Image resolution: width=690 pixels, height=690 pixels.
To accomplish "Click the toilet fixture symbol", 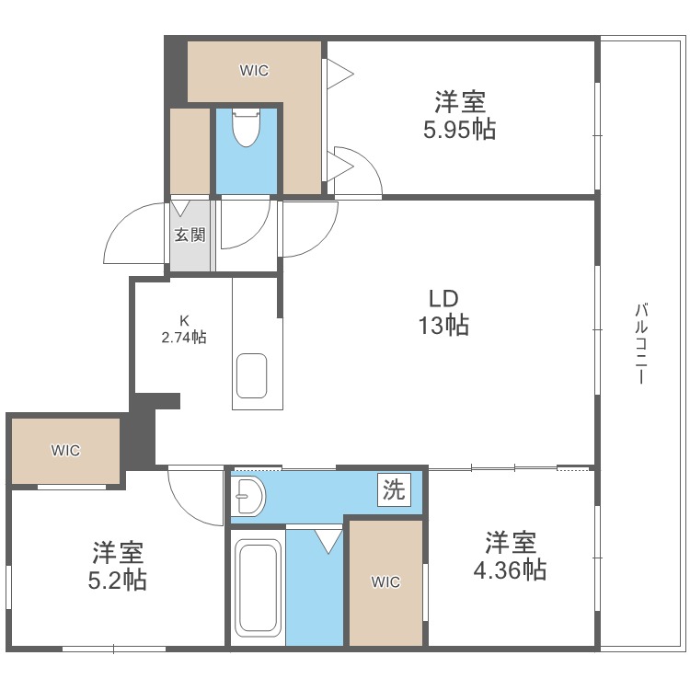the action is [x=246, y=128].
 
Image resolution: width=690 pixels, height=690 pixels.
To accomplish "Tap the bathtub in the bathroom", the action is [x=258, y=588].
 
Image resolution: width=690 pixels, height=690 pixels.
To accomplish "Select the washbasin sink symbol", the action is [x=248, y=497].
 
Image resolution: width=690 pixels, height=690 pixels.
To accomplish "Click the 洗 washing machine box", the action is [x=394, y=489].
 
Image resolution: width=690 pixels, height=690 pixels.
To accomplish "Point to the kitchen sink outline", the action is [x=252, y=375].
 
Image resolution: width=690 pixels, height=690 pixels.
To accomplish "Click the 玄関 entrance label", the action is [x=190, y=235].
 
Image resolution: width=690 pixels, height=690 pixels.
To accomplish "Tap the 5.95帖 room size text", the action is [x=459, y=130].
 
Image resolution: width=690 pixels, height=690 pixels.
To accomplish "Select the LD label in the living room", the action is [x=443, y=299].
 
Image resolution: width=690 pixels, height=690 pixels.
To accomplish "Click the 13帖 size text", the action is [x=443, y=326].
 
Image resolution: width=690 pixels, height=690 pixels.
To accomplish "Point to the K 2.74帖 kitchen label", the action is [x=184, y=329].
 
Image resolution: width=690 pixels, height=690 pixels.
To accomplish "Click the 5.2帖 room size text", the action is [x=118, y=580].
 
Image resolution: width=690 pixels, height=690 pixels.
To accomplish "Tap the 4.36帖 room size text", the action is [x=510, y=570].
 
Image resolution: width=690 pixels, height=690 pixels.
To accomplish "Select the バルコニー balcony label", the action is [x=641, y=343].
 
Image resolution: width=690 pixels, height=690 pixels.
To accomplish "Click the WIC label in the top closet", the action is [x=254, y=71].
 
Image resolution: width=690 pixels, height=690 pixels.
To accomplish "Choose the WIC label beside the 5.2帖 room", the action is [x=65, y=450].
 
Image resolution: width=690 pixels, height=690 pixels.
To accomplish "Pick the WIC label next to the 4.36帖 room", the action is [x=385, y=582].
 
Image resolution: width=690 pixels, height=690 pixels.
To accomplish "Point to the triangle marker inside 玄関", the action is [x=180, y=208].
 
